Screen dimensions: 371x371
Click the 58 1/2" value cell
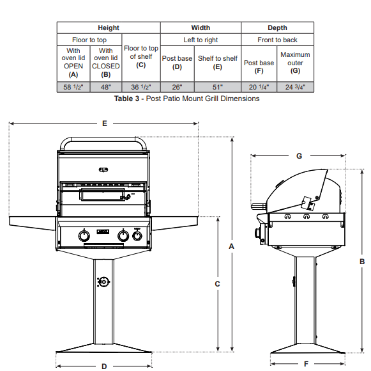click(73, 87)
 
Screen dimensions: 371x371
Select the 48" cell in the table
click(106, 87)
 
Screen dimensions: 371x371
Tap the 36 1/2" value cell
click(141, 87)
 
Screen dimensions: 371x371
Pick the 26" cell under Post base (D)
click(178, 87)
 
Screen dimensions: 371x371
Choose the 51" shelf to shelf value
click(218, 87)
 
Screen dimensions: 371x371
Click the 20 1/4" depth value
click(259, 87)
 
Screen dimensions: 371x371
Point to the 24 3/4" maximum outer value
click(295, 87)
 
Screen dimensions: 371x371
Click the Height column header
click(109, 28)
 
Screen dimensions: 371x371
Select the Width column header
click(201, 28)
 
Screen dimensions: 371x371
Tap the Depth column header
click(277, 28)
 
